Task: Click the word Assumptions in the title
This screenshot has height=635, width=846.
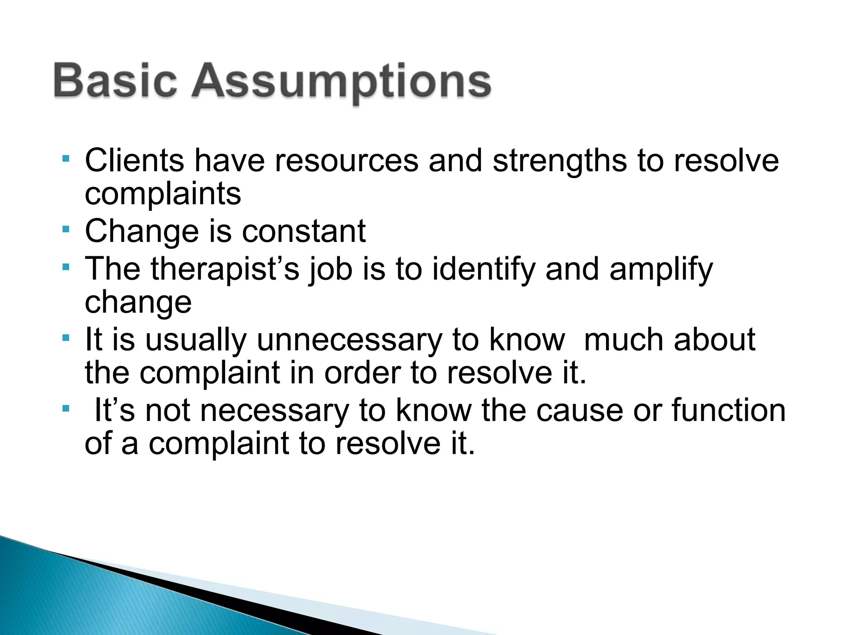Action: pos(341,82)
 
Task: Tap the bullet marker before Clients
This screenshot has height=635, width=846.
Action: pos(66,158)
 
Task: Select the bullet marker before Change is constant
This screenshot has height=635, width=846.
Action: pos(66,229)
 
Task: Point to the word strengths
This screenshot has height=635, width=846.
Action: pos(559,161)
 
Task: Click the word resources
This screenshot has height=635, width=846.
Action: pos(346,161)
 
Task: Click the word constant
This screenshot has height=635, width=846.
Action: pos(304,231)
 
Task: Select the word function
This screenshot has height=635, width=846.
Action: pos(729,410)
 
